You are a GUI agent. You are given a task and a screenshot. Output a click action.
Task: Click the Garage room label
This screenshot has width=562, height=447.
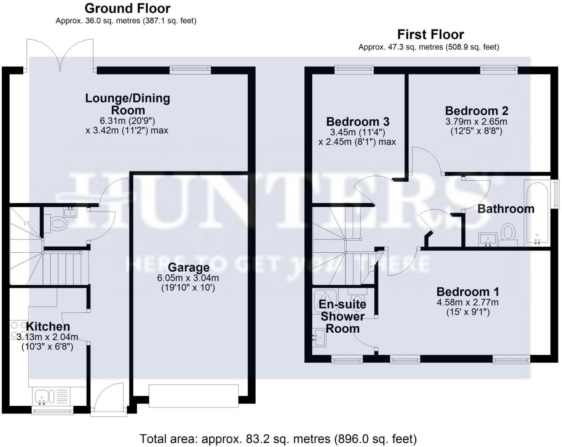(188, 268)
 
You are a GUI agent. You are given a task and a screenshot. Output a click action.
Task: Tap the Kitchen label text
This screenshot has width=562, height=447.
(48, 326)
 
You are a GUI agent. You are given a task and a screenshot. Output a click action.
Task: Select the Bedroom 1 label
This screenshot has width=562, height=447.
(468, 292)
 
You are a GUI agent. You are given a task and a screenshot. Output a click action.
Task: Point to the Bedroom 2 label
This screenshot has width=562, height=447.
(477, 111)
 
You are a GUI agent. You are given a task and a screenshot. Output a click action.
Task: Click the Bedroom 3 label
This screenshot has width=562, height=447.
(358, 122)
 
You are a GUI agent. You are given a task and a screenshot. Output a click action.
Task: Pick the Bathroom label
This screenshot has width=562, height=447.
(506, 209)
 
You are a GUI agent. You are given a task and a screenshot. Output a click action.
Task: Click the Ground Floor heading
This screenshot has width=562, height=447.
(127, 8)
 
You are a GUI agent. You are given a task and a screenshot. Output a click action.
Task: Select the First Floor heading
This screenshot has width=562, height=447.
(430, 34)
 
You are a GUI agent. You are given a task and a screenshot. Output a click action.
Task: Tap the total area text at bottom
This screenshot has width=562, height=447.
(278, 439)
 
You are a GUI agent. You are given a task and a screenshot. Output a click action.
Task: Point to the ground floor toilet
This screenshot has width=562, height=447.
(57, 223)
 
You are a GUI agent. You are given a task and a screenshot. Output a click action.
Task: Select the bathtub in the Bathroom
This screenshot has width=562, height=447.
(537, 213)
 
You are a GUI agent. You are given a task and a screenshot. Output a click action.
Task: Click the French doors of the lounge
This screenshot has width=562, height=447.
(61, 55)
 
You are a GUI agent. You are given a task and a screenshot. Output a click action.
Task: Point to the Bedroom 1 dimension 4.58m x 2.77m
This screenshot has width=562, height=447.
(468, 303)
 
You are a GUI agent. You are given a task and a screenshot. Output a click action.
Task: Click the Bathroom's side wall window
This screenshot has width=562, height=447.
(556, 193)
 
